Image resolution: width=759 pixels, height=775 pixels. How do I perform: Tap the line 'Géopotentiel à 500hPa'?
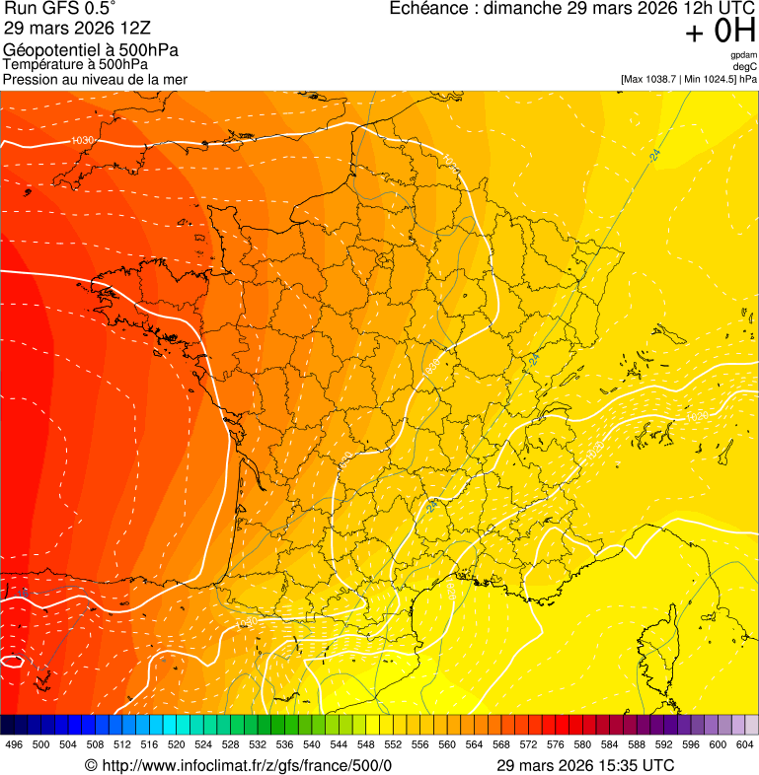(x=91, y=50)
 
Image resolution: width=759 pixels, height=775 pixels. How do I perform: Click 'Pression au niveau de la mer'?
(x=95, y=79)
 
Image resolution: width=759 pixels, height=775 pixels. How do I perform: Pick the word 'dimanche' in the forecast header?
(x=524, y=9)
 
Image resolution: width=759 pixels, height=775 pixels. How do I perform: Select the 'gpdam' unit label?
(x=744, y=55)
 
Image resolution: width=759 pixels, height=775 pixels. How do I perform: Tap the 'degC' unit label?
(x=745, y=67)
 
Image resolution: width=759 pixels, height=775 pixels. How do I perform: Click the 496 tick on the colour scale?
(x=14, y=745)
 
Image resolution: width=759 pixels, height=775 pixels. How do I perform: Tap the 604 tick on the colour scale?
(x=745, y=745)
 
